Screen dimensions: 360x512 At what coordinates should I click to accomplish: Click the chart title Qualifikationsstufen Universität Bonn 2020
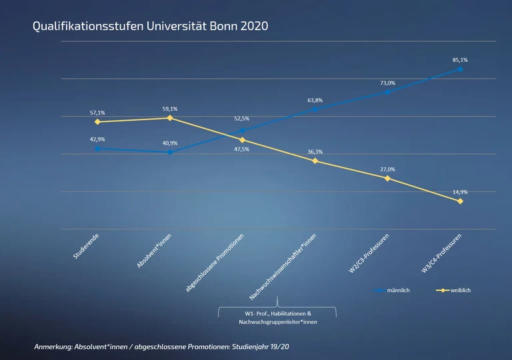[x=150, y=27]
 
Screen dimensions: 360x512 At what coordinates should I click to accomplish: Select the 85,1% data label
[x=460, y=60]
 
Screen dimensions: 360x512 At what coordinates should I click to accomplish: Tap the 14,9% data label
[x=460, y=192]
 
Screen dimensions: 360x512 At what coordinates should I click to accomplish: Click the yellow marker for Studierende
[x=97, y=122]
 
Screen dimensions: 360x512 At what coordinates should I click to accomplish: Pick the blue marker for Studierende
[x=97, y=149]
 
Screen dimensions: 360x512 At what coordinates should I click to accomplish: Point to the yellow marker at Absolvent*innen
[x=170, y=118]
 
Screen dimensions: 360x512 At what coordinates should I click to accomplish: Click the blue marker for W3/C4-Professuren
[x=460, y=69]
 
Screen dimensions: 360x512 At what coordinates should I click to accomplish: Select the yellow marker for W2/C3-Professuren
[x=387, y=178]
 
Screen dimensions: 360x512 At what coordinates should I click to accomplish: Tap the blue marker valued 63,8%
[x=315, y=109]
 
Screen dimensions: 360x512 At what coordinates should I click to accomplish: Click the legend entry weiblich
[x=461, y=291]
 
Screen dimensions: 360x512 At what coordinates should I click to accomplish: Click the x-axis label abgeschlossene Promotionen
[x=215, y=263]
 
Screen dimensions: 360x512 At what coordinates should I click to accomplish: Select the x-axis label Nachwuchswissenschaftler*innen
[x=283, y=267]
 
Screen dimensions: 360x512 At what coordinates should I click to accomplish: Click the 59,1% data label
[x=170, y=109]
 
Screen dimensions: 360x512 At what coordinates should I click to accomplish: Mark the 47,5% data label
[x=242, y=149]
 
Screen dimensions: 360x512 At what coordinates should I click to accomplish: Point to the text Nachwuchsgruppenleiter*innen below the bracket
[x=277, y=322]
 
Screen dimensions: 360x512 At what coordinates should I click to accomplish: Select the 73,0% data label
[x=387, y=83]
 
